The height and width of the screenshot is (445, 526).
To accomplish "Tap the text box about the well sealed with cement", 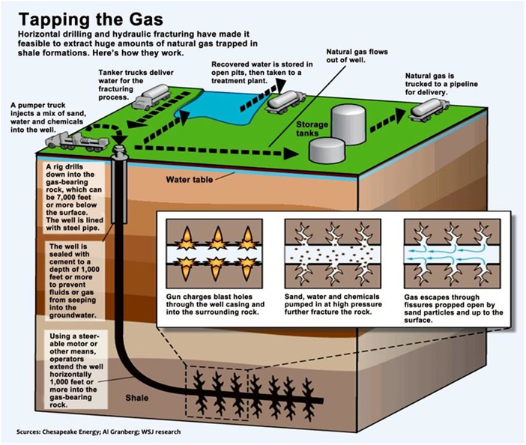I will pyautogui.click(x=73, y=279).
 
